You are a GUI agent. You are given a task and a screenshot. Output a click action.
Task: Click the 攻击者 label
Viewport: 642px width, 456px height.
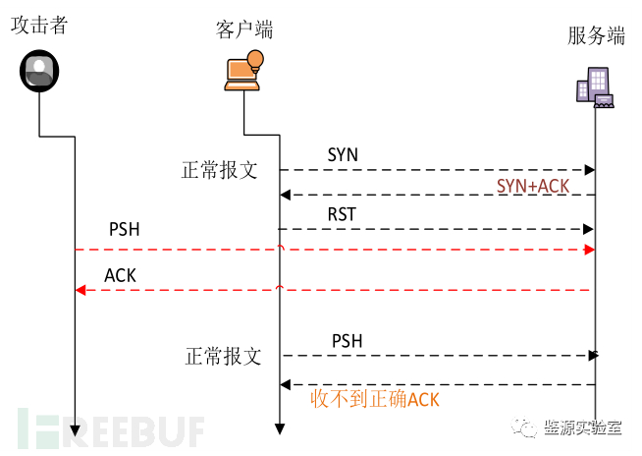[x=39, y=25]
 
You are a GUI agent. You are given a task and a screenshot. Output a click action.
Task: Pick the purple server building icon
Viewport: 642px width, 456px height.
[x=594, y=86]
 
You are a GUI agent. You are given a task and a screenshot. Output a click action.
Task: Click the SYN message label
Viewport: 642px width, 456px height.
[x=343, y=155]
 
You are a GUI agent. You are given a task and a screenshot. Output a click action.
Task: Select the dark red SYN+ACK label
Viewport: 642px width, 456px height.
[x=533, y=186]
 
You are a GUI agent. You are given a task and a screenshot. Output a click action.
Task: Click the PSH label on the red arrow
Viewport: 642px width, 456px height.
[x=124, y=230]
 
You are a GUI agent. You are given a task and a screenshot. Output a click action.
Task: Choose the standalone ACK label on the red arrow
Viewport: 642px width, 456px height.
[x=120, y=276]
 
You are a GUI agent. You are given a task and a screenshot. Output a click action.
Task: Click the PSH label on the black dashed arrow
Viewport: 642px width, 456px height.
[x=347, y=341]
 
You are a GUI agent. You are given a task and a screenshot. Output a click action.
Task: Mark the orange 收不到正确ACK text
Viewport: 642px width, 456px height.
[x=375, y=398]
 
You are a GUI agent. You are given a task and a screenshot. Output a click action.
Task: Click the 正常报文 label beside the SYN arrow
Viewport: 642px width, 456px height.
[x=220, y=169]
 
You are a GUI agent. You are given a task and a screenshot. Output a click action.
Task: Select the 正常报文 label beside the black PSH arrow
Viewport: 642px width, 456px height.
[x=224, y=356]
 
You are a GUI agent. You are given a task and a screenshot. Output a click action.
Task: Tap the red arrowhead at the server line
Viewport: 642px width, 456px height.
[x=589, y=250]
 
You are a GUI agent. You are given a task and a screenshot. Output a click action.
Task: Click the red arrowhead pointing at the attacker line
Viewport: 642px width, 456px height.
[x=80, y=290]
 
